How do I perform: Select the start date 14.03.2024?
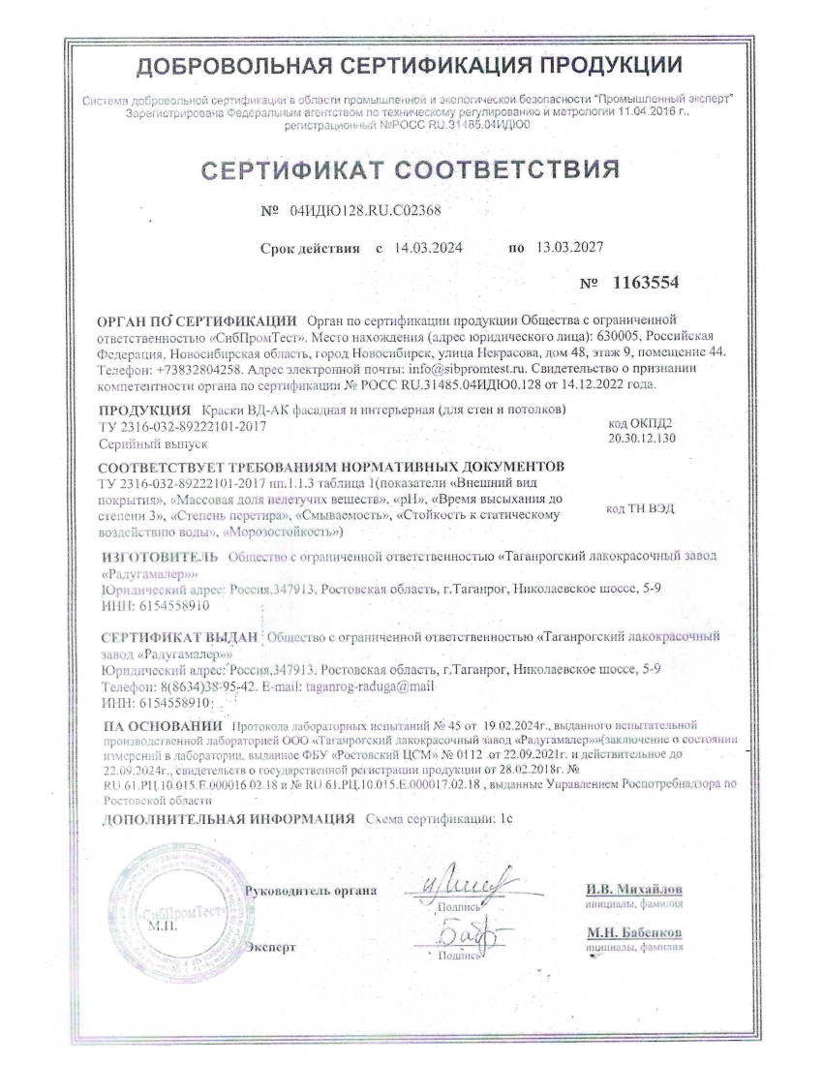[429, 248]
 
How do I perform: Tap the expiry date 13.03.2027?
[569, 248]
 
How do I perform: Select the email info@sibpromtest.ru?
[463, 370]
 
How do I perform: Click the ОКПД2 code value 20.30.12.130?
[638, 437]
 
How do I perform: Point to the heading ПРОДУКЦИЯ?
[145, 410]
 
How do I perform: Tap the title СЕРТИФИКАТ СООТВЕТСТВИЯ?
[411, 170]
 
